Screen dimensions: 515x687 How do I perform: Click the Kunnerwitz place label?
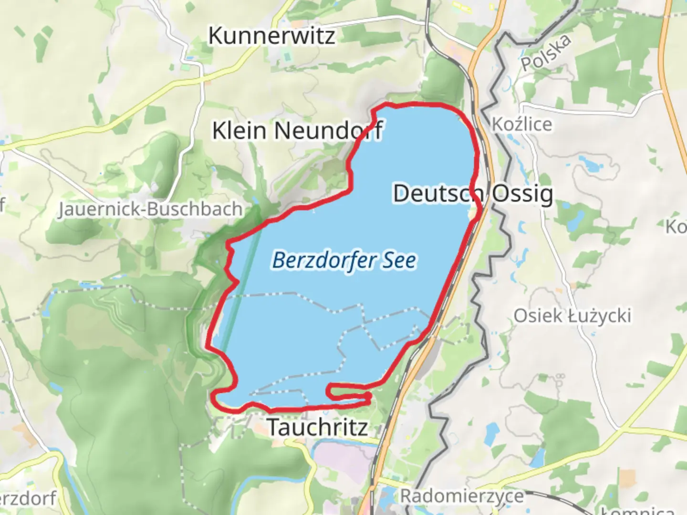pos(271,36)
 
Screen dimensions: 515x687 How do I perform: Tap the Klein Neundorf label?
pos(297,131)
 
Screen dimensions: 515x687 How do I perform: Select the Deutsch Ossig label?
pos(473,194)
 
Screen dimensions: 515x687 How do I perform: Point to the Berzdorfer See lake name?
pos(344,260)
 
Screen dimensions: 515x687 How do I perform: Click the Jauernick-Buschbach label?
pos(150,209)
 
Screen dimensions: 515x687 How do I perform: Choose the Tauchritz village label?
pos(317,427)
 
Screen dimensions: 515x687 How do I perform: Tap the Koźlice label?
pos(522,124)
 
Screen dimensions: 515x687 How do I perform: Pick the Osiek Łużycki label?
pos(572,316)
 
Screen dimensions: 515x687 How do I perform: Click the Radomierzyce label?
pos(461,496)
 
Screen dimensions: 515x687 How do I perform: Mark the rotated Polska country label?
pos(546,53)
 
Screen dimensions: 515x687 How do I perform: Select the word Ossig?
pos(522,194)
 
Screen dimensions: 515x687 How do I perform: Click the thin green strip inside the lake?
pos(241,286)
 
